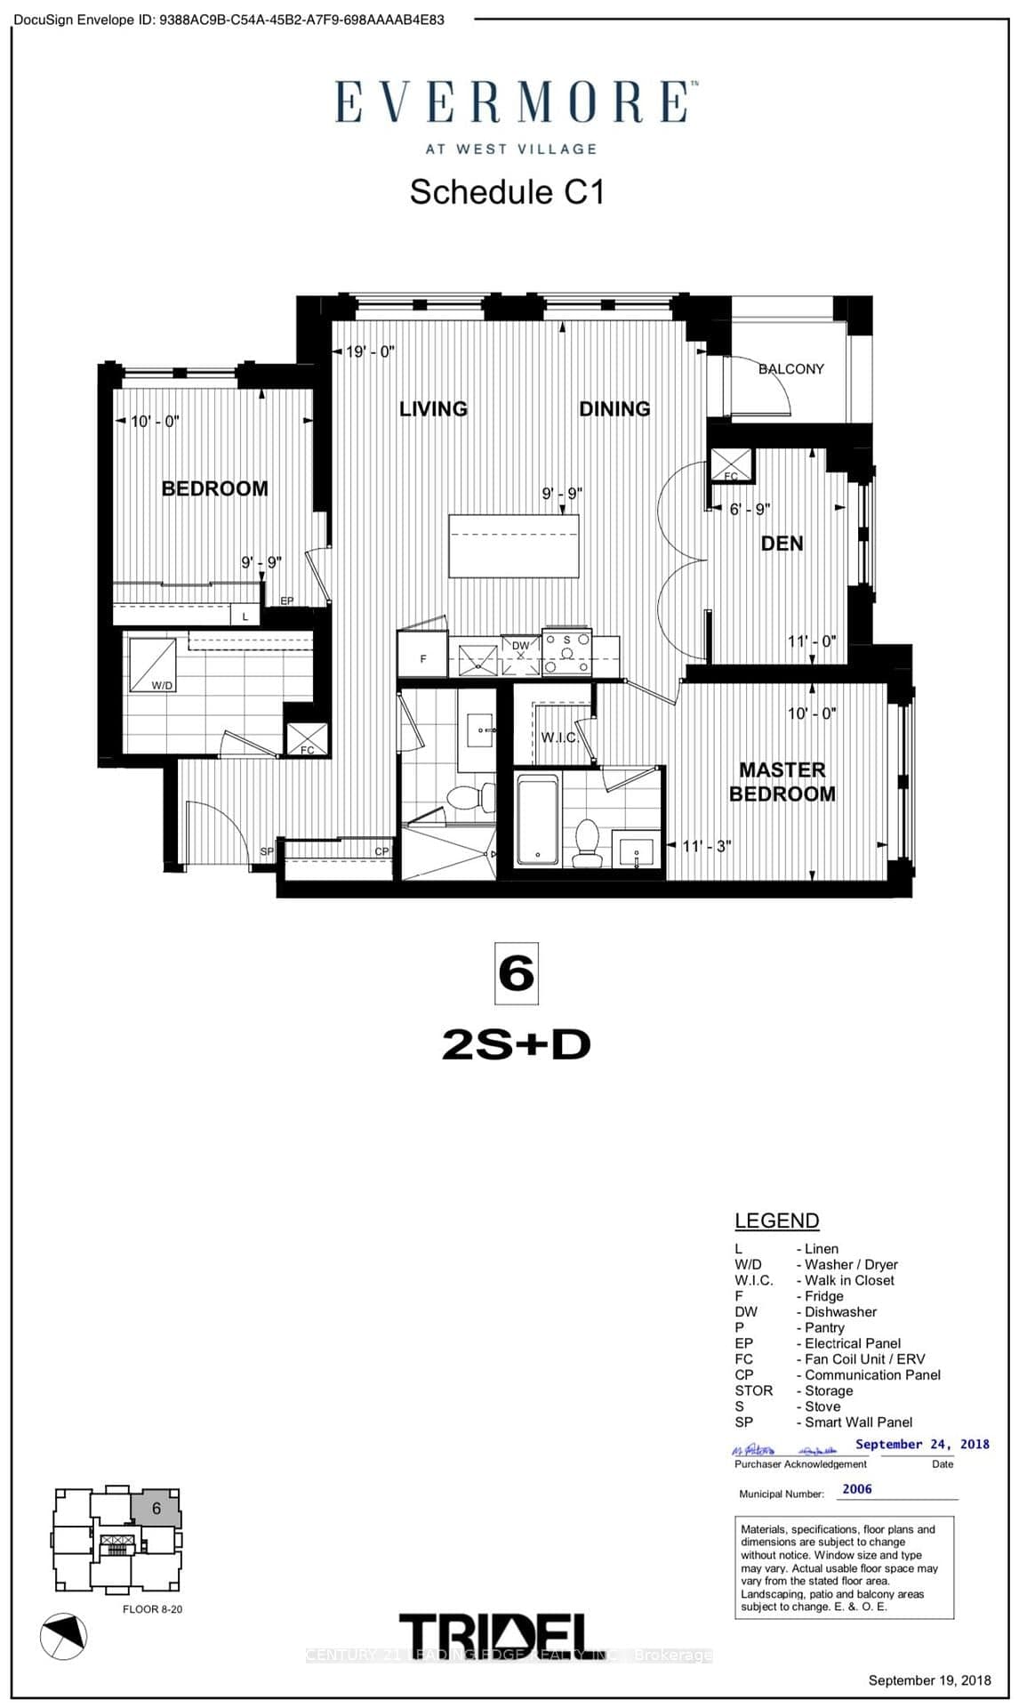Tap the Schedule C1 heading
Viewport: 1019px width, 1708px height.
[x=507, y=192]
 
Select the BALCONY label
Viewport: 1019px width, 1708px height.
[x=790, y=369]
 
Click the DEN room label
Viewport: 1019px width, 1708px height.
[x=782, y=544]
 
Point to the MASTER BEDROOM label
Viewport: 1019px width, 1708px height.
[x=782, y=782]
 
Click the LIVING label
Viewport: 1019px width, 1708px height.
[x=433, y=409]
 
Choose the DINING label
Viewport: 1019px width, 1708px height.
[x=614, y=409]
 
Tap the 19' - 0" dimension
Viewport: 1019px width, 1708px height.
[x=369, y=352]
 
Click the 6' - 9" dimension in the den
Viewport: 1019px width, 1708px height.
[x=749, y=510]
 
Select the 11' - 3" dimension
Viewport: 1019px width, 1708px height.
[x=706, y=846]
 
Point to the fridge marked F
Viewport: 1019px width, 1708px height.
[x=423, y=658]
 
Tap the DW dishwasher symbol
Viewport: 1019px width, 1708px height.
[x=521, y=656]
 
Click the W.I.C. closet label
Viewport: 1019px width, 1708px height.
[x=559, y=737]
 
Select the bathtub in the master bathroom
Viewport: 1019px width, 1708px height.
[x=538, y=818]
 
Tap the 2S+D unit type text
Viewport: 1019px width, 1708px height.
[x=516, y=1045]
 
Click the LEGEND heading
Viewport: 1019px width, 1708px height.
[x=776, y=1221]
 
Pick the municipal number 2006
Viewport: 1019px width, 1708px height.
[x=857, y=1489]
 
